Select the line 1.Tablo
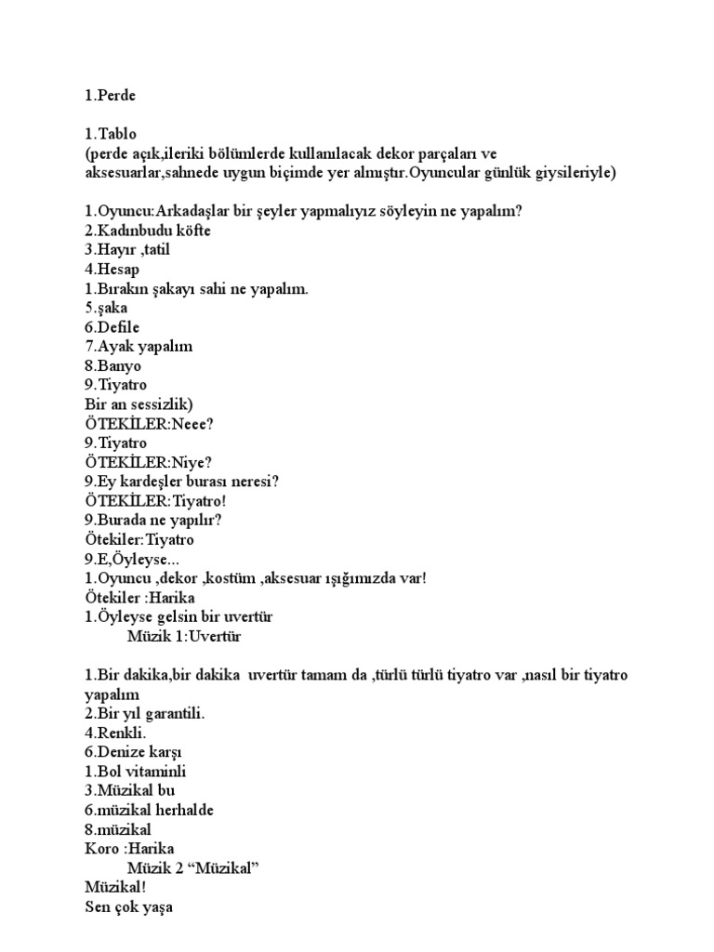pyautogui.click(x=111, y=134)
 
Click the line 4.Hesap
pyautogui.click(x=112, y=270)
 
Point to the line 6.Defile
pyautogui.click(x=113, y=326)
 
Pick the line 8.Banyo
pyautogui.click(x=112, y=365)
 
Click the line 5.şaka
pyautogui.click(x=106, y=308)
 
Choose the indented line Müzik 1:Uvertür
pyautogui.click(x=190, y=636)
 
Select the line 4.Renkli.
pyautogui.click(x=115, y=733)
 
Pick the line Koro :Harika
pyautogui.click(x=129, y=849)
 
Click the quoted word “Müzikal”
pyautogui.click(x=222, y=868)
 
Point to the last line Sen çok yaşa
pyautogui.click(x=128, y=906)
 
